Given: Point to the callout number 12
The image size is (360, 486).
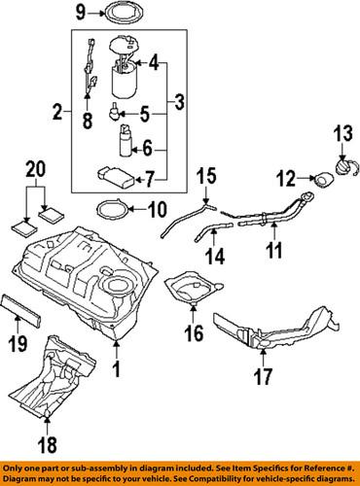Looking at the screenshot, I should (285, 177).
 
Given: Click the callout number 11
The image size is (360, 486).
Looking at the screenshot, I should (275, 253).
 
